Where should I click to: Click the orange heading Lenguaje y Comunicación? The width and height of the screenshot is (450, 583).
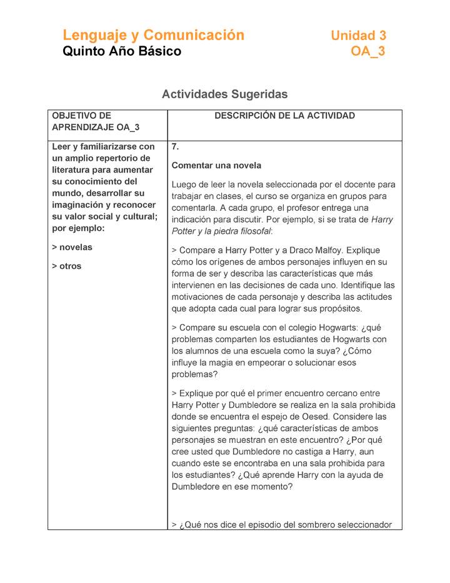153,35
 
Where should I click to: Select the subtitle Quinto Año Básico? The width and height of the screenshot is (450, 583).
122,51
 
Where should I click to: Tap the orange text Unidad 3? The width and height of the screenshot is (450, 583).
358,36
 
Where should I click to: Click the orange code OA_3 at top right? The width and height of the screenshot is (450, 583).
368,51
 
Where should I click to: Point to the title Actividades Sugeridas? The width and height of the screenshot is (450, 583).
224,94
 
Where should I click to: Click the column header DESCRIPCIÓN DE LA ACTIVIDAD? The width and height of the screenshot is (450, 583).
284,116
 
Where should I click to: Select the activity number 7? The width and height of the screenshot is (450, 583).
176,147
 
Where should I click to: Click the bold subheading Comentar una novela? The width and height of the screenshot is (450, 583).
216,166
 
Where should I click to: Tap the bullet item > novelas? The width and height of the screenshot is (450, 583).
72,247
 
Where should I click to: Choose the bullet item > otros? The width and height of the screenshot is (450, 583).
67,266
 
